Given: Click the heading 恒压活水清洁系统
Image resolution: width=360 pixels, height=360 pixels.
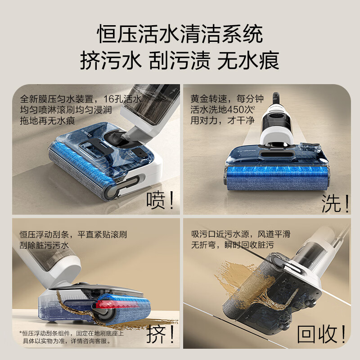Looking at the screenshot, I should coord(180,35).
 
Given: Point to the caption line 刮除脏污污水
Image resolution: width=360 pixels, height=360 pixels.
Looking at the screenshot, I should coord(44,246).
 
